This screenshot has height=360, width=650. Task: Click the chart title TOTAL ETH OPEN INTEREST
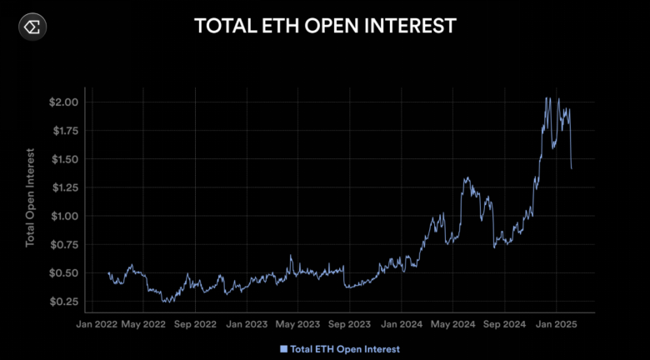tap(325, 26)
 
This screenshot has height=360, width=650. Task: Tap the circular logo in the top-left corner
tap(32, 27)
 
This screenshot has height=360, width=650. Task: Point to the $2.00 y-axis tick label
tap(66, 102)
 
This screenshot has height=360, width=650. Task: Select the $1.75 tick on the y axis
tap(66, 130)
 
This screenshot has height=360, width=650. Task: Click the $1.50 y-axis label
tap(66, 158)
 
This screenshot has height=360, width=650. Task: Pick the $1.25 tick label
tap(66, 187)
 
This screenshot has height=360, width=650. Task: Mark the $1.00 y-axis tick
tap(66, 216)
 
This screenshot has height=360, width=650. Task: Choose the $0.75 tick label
tap(66, 244)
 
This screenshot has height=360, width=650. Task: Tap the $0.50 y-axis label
tap(66, 272)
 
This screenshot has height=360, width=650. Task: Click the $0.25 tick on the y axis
tap(66, 301)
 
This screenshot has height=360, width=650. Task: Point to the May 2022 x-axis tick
tap(143, 322)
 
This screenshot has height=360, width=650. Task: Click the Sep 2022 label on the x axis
tap(195, 322)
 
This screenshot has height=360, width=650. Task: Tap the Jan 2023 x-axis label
tap(247, 322)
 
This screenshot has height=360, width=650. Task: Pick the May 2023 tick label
tap(297, 322)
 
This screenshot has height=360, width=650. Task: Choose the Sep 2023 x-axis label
tap(348, 322)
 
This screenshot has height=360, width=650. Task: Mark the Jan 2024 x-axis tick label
tap(399, 322)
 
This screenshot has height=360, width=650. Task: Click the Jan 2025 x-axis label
tap(554, 322)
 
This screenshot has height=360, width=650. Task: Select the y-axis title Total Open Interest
tap(31, 198)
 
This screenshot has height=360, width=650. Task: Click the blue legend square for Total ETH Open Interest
tap(284, 347)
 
